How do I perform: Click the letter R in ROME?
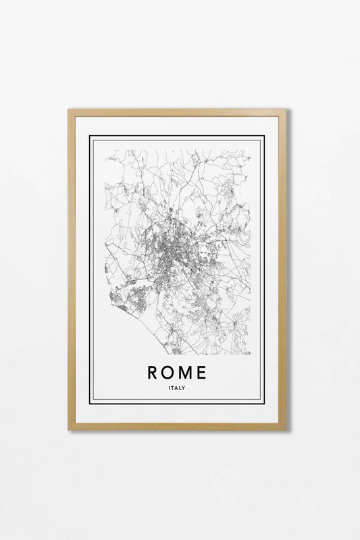coord(153,372)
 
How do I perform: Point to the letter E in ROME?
coord(202,372)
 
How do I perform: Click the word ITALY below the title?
coord(177,387)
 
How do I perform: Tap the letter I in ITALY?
coord(170,387)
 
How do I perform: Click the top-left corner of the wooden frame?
coord(70,111)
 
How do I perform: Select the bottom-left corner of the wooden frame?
coord(70,429)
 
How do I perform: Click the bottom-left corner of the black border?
coord(91,403)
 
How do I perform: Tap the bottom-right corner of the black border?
coord(264,403)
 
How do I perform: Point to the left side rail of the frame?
coord(71,270)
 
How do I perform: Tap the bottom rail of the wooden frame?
coord(177,426)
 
